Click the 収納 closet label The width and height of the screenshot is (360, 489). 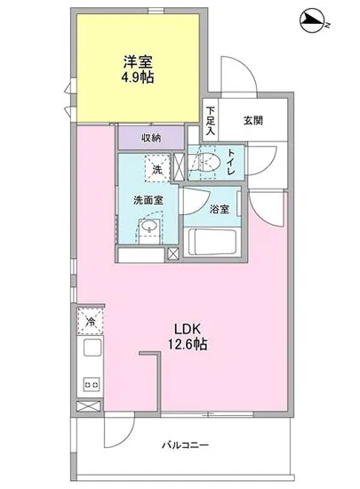151,138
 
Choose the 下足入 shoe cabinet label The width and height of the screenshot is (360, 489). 211,120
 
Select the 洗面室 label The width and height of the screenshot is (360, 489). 146,199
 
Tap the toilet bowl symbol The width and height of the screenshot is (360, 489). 208,163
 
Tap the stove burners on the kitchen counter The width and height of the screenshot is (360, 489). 90,384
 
